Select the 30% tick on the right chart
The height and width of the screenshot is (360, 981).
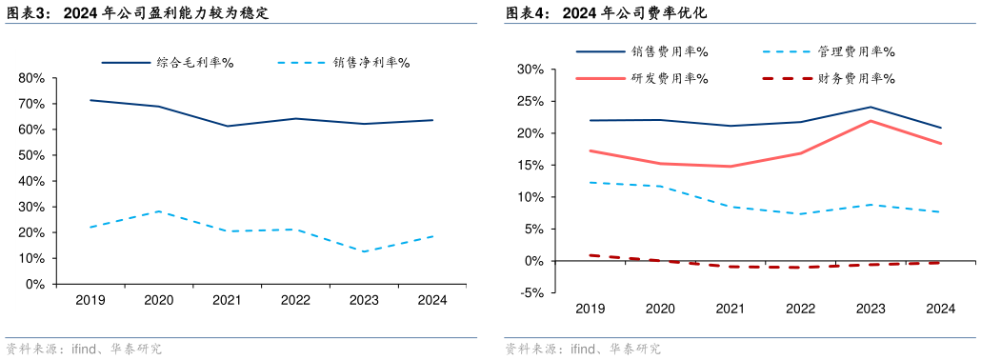[530, 70]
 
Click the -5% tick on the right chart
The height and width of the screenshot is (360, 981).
[531, 293]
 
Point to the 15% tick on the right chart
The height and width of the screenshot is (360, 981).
[530, 166]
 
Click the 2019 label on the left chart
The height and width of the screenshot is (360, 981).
[90, 300]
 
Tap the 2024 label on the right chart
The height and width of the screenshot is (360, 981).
[940, 309]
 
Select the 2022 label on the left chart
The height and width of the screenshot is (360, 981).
[295, 300]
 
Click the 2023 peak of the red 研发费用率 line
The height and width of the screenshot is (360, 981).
[871, 121]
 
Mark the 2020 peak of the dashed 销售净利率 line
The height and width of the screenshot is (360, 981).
[159, 211]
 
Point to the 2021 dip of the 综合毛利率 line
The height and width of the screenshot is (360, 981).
[227, 126]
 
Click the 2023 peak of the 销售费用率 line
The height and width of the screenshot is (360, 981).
[871, 107]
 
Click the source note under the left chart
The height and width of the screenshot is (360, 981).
[83, 350]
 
